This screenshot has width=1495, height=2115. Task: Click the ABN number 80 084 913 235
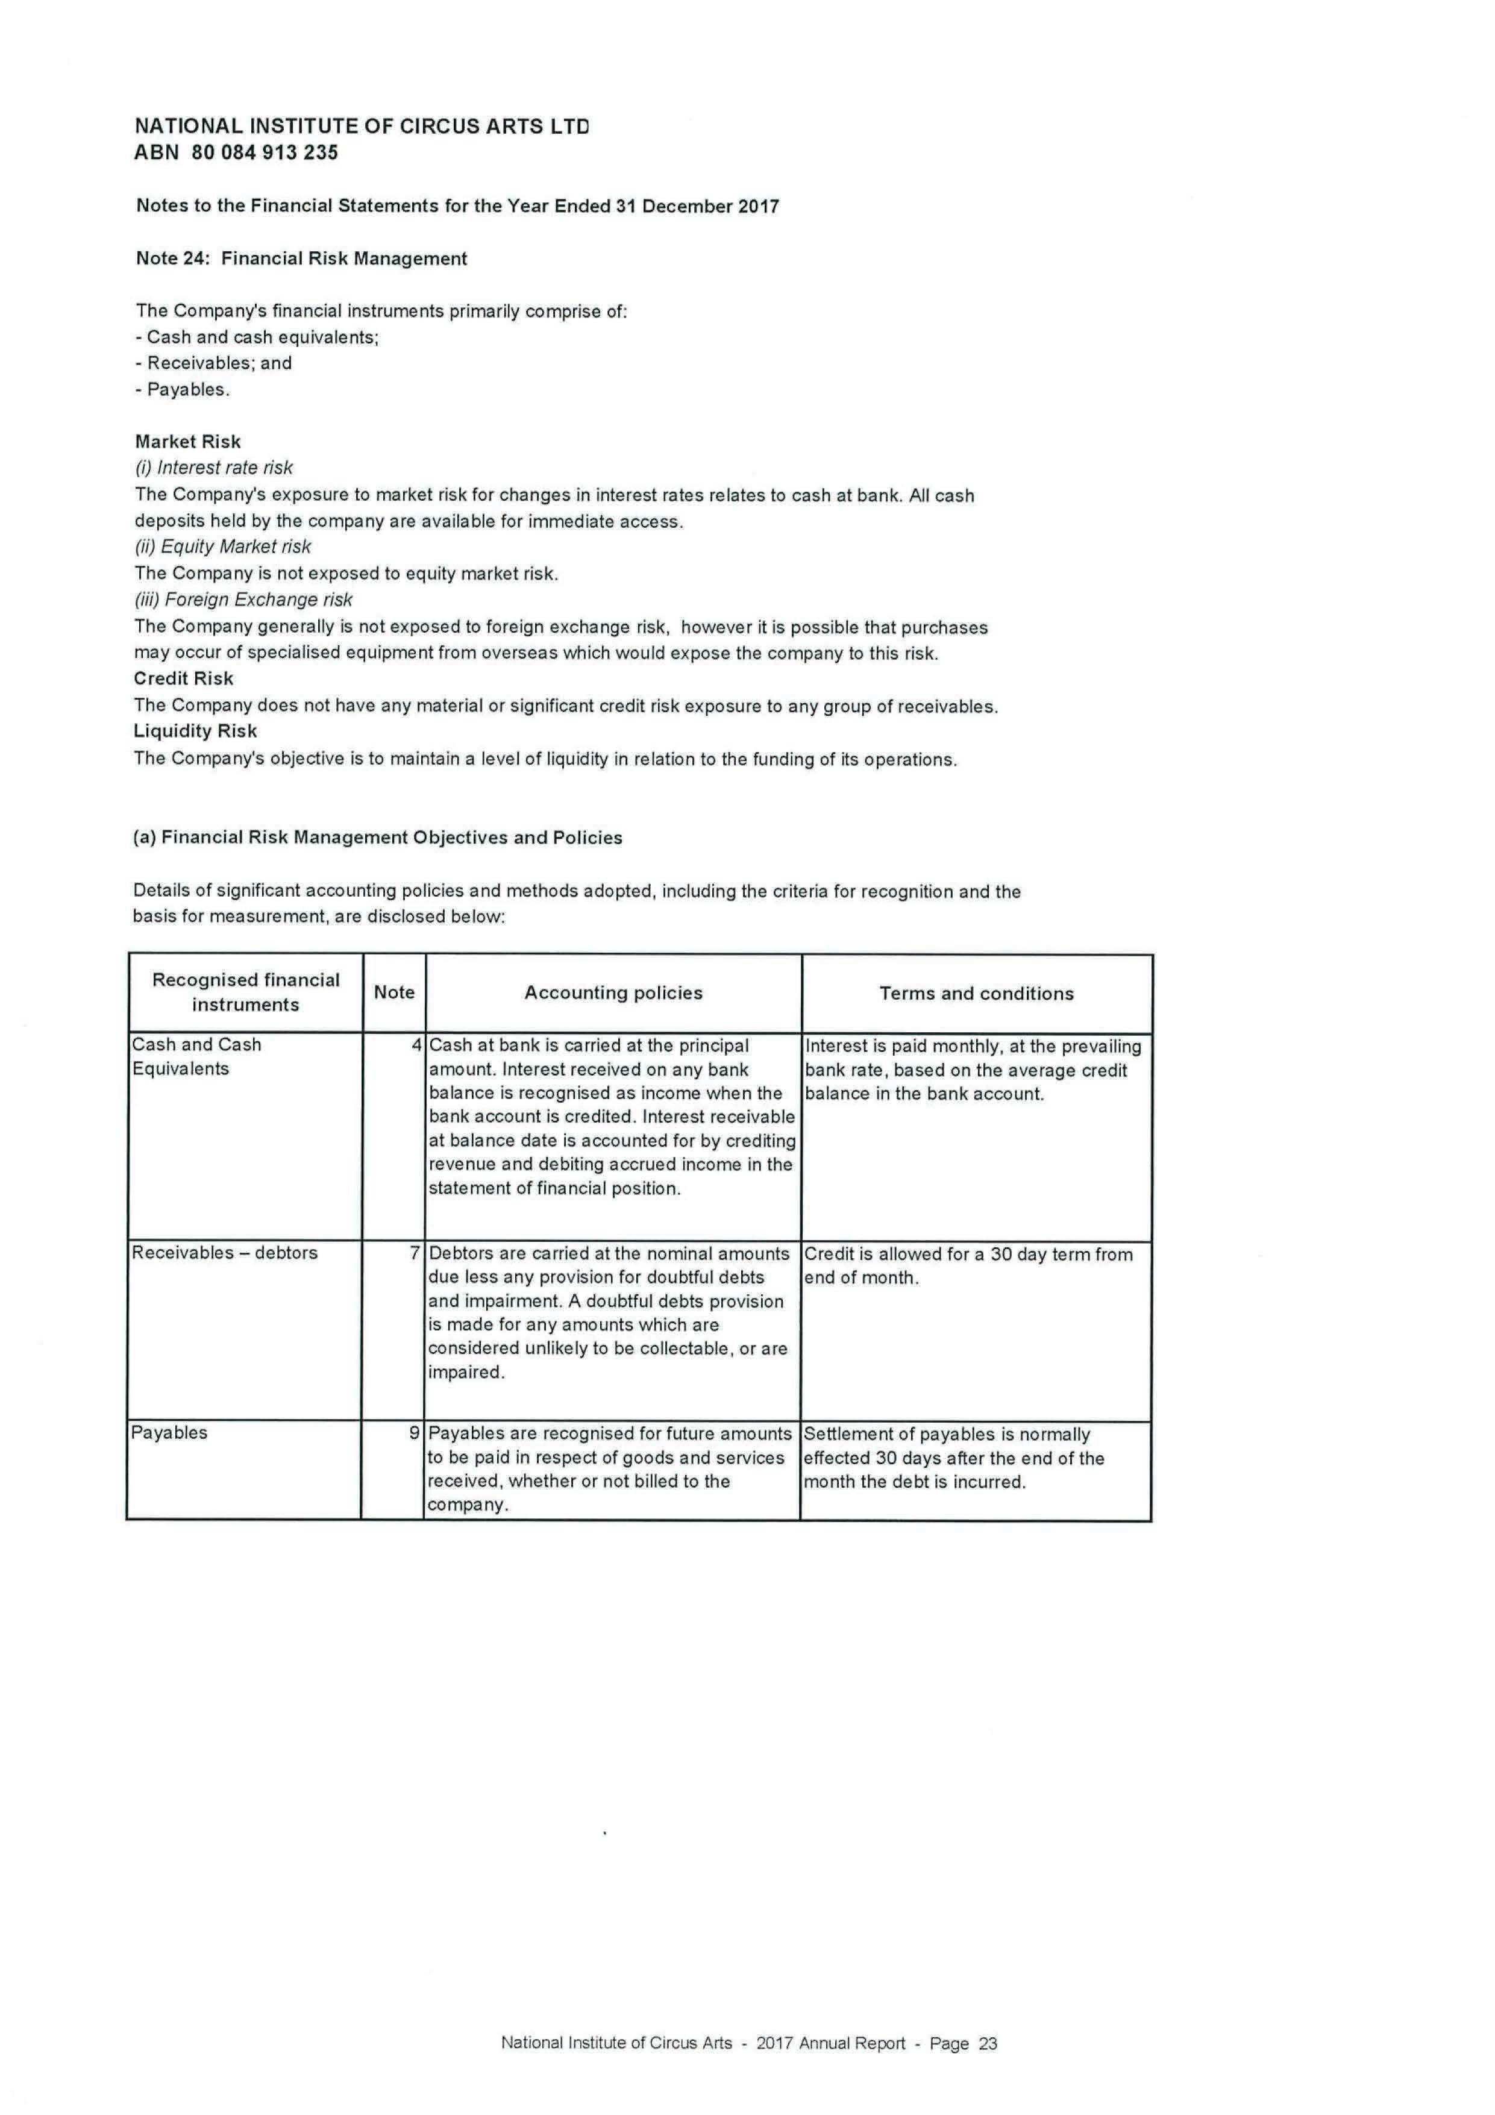265,153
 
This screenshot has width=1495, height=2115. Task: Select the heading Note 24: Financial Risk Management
301,259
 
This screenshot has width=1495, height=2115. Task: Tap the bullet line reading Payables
183,390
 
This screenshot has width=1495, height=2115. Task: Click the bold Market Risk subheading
188,442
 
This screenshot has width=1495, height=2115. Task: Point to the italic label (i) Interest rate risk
214,468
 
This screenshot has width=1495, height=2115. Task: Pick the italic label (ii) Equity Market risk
223,547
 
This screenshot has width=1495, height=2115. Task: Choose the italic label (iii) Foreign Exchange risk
243,600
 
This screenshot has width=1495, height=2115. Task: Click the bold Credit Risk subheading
183,679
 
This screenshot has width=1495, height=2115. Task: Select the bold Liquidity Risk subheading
195,732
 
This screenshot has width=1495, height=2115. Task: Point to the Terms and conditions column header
976,993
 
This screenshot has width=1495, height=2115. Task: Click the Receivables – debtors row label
225,1253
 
